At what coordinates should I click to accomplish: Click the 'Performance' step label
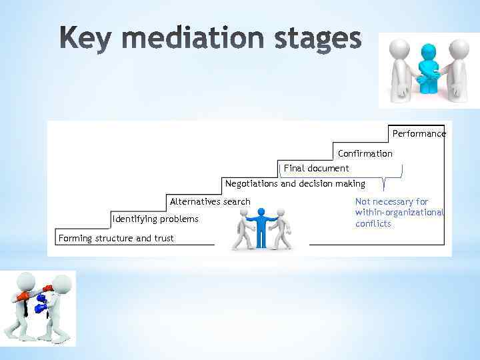pyautogui.click(x=419, y=134)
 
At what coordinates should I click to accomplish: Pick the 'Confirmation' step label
pyautogui.click(x=365, y=154)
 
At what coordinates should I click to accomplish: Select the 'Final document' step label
pyautogui.click(x=316, y=168)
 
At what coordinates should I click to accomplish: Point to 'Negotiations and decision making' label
pyautogui.click(x=295, y=183)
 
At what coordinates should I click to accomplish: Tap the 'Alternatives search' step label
pyautogui.click(x=210, y=201)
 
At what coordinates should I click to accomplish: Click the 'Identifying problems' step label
pyautogui.click(x=155, y=219)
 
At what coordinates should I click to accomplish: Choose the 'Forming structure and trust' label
pyautogui.click(x=116, y=238)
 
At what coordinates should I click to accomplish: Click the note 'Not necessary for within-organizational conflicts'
pyautogui.click(x=399, y=213)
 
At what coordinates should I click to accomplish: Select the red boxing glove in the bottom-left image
pyautogui.click(x=24, y=296)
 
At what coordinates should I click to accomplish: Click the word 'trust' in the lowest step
pyautogui.click(x=163, y=238)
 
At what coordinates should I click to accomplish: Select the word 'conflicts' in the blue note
pyautogui.click(x=373, y=224)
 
